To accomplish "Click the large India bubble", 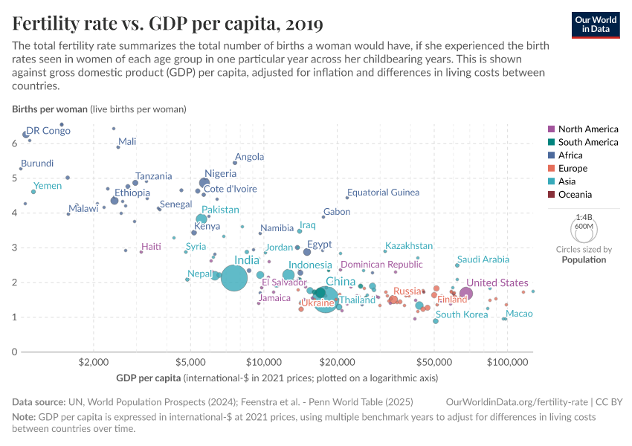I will [x=234, y=279].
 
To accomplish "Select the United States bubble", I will [x=466, y=294].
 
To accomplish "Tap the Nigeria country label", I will [x=220, y=173].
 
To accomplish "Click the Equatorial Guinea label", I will [x=383, y=193].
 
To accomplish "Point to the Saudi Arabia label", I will [x=483, y=259].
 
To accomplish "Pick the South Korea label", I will [x=462, y=314].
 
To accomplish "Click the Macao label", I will [x=519, y=314].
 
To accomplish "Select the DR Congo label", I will [x=48, y=131].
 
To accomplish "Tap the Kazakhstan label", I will [x=408, y=246].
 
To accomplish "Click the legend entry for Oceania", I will [x=577, y=195].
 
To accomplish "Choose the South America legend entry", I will [x=587, y=142].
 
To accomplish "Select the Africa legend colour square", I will [x=551, y=155].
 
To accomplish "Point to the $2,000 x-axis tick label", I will [x=94, y=362].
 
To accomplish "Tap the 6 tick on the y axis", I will [x=14, y=143].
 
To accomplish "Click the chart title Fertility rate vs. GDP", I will [x=167, y=24].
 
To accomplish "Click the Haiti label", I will [x=151, y=246].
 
